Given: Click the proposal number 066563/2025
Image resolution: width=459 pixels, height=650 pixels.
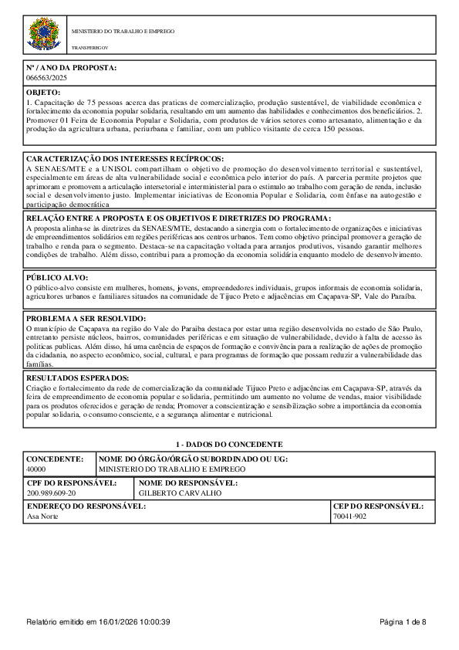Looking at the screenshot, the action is [47, 78].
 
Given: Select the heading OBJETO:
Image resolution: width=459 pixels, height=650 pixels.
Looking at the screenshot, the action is [43, 93].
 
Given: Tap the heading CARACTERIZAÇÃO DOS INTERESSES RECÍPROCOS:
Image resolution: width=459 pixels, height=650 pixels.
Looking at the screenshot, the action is [125, 159].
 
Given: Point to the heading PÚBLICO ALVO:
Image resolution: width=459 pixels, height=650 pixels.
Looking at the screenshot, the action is [57, 277].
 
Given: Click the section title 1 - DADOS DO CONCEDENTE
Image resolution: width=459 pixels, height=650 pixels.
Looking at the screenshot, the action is [229, 445].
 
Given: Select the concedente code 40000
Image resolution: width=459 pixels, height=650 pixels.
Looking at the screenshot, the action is [36, 469].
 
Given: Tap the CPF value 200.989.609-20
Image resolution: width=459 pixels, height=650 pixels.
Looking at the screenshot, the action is [51, 492].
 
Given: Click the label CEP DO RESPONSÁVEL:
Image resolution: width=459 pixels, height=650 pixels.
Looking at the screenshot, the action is [378, 506].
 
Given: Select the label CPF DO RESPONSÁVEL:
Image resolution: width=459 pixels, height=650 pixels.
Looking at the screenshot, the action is [72, 482].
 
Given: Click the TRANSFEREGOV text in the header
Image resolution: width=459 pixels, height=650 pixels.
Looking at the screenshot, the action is [87, 48].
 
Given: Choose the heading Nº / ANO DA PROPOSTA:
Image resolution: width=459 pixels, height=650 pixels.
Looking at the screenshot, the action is [72, 68].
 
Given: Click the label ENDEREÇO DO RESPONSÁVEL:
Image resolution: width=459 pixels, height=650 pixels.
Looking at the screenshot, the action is [86, 506].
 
